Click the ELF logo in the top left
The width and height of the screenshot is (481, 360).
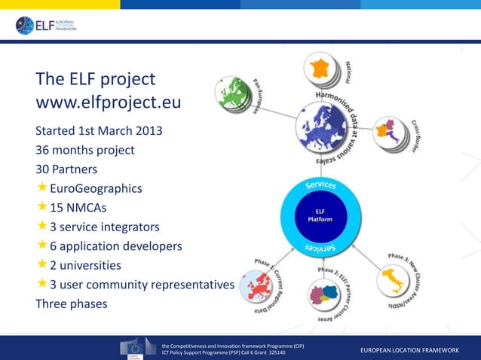click(x=46, y=26)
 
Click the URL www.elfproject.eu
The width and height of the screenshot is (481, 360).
click(x=109, y=102)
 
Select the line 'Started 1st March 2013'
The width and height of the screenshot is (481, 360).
click(x=99, y=130)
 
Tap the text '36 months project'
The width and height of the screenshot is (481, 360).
click(x=85, y=149)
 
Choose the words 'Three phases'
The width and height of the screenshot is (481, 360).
click(x=72, y=304)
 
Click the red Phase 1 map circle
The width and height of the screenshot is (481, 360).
click(x=257, y=287)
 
